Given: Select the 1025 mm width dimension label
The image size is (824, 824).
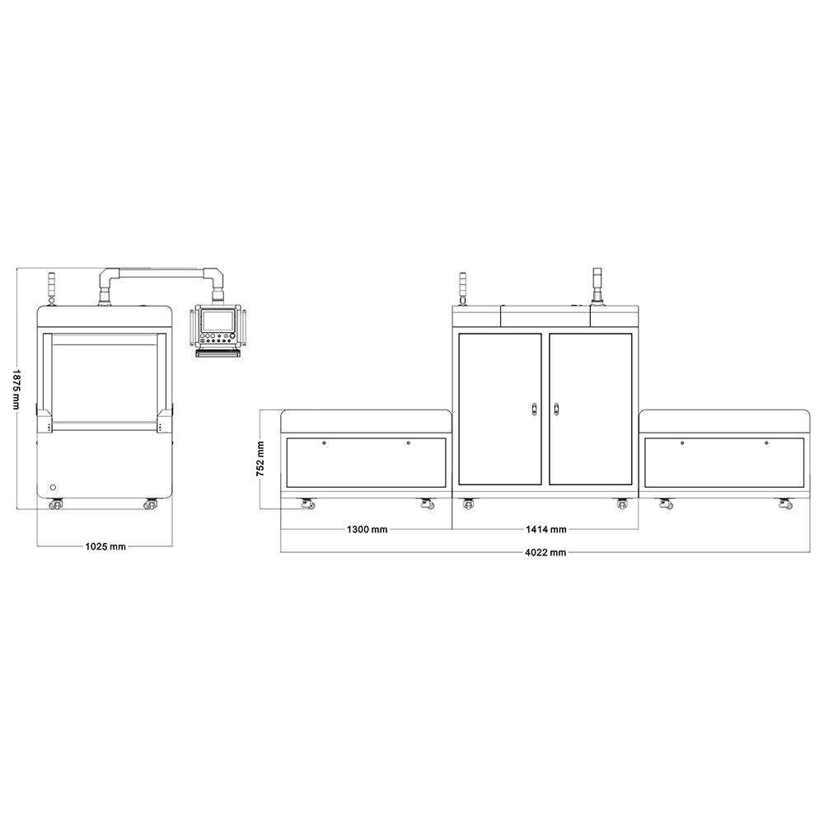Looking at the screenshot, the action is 105,546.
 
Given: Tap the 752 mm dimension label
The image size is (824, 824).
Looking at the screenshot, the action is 260,459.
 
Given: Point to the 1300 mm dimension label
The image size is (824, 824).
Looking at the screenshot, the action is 367,529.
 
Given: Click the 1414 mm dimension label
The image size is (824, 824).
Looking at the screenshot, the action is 546,529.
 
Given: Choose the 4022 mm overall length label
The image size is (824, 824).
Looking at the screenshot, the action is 545,552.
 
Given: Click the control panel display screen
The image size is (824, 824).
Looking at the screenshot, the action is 218,321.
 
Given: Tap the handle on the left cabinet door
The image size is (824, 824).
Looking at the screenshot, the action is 534,409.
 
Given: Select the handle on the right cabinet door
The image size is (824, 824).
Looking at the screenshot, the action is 556,409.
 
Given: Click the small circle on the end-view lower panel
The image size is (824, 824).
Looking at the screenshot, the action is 53,487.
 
